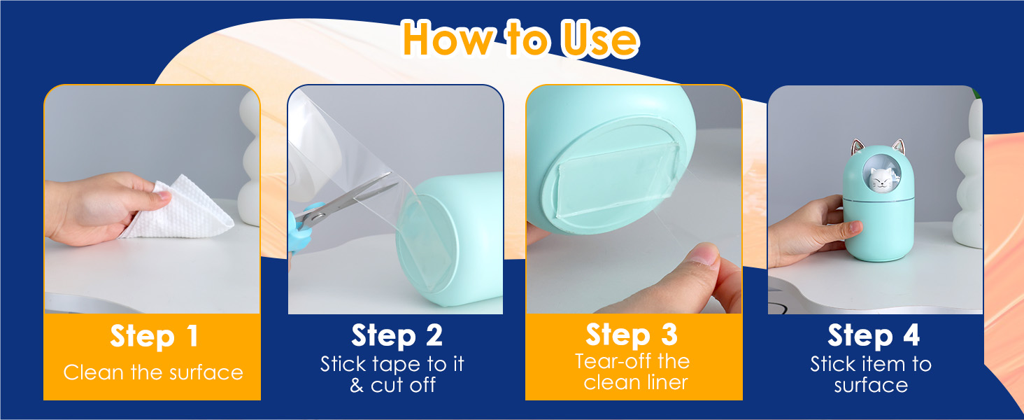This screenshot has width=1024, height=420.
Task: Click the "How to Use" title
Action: tap(520, 39)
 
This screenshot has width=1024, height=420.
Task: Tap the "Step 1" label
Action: tap(154, 336)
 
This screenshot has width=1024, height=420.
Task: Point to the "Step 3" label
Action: tap(632, 335)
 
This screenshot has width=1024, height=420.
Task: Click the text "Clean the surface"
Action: tap(153, 372)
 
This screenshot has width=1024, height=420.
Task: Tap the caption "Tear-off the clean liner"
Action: tap(633, 372)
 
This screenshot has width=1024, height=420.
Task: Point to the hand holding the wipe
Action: tap(105, 208)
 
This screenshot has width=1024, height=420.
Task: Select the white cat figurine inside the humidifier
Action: tap(881, 178)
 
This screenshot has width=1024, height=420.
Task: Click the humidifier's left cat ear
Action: tap(857, 147)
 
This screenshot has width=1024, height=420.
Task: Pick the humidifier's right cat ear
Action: tap(899, 147)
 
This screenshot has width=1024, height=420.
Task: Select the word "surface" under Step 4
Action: tap(871, 386)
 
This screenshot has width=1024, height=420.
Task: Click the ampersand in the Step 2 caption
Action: tap(357, 385)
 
